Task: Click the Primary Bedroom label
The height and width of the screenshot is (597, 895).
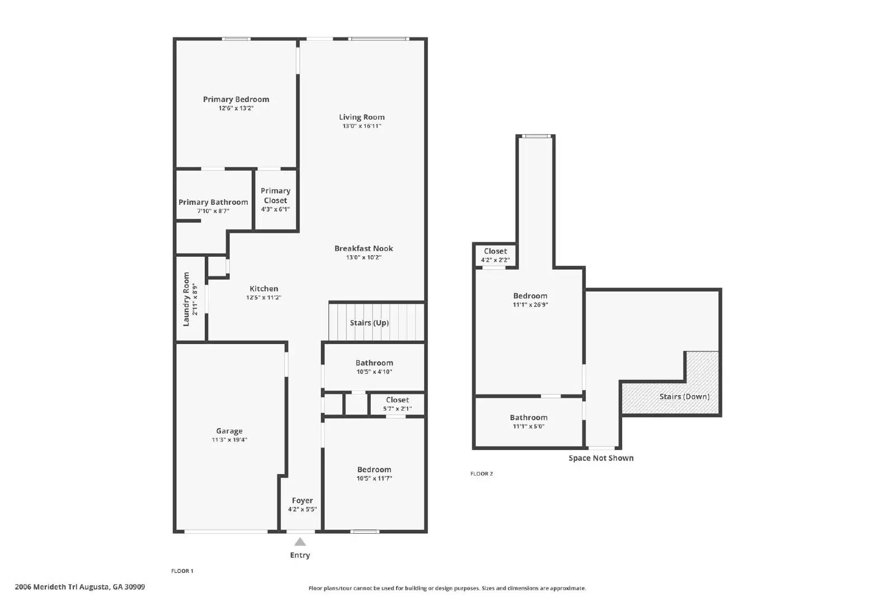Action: click(x=236, y=100)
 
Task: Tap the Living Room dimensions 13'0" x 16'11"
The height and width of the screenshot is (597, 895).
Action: click(x=362, y=126)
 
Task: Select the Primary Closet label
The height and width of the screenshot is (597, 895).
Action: click(x=275, y=196)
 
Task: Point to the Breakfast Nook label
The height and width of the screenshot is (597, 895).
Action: click(x=364, y=248)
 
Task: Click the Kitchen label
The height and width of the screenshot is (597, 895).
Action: click(x=263, y=289)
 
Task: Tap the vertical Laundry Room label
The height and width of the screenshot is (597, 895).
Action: click(x=186, y=299)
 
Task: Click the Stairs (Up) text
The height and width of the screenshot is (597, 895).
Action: click(x=369, y=323)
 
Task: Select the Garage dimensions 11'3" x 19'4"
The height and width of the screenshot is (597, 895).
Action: click(x=229, y=440)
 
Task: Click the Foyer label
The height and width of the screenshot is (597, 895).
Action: click(x=302, y=501)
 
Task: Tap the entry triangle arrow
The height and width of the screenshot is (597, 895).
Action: click(x=300, y=542)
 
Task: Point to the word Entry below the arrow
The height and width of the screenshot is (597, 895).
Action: click(x=300, y=555)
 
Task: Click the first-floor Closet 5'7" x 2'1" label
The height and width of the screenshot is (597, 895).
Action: click(x=397, y=400)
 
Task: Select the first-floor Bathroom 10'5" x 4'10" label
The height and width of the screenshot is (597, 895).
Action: click(x=374, y=363)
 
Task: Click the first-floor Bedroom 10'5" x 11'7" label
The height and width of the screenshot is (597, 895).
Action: click(x=374, y=470)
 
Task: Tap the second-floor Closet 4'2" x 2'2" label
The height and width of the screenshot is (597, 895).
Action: click(x=496, y=251)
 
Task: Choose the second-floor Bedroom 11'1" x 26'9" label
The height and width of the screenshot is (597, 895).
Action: click(x=530, y=296)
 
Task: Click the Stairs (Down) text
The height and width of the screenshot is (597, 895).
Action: click(x=684, y=397)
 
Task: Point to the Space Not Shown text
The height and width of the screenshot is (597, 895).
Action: click(x=601, y=458)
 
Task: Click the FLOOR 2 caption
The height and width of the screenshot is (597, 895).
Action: click(x=482, y=474)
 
